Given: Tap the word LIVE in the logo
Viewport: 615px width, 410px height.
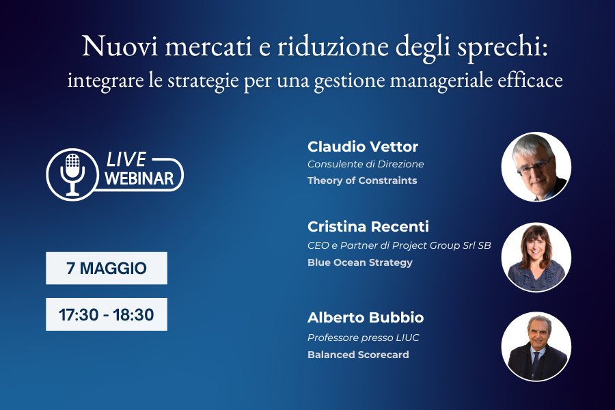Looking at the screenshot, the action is pos(126,159).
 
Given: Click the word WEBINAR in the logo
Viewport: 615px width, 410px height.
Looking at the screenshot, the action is pos(139,178).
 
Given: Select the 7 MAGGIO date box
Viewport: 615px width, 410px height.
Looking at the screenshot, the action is pos(107,268).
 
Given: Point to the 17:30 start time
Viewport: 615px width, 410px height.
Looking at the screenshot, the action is pos(79,314).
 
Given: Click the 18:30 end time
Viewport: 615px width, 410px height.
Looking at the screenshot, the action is pos(133,314).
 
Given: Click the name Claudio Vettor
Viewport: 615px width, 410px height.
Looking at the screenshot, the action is pos(363,147).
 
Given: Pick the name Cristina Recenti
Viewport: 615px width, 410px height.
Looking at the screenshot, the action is pos(368,226).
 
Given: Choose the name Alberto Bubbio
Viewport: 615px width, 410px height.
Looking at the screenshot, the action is pos(366,317).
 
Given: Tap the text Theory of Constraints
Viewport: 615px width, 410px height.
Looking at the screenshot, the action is pos(362,180).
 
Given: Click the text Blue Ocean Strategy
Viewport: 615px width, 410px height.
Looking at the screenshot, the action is pos(360,262).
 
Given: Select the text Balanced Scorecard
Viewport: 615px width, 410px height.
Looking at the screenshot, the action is pos(358,355).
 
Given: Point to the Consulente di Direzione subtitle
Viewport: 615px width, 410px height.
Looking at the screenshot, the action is pos(366,164).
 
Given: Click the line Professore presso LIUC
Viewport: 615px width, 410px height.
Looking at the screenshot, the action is pos(364,338).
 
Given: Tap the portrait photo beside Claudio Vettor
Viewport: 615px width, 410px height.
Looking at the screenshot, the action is pos(536,167).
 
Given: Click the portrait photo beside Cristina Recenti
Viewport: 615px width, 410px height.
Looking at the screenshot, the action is pos(536,258).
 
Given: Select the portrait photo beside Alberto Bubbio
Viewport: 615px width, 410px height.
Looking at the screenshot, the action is pos(536,346).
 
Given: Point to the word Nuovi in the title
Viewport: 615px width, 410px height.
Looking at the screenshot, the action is pos(120,46).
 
